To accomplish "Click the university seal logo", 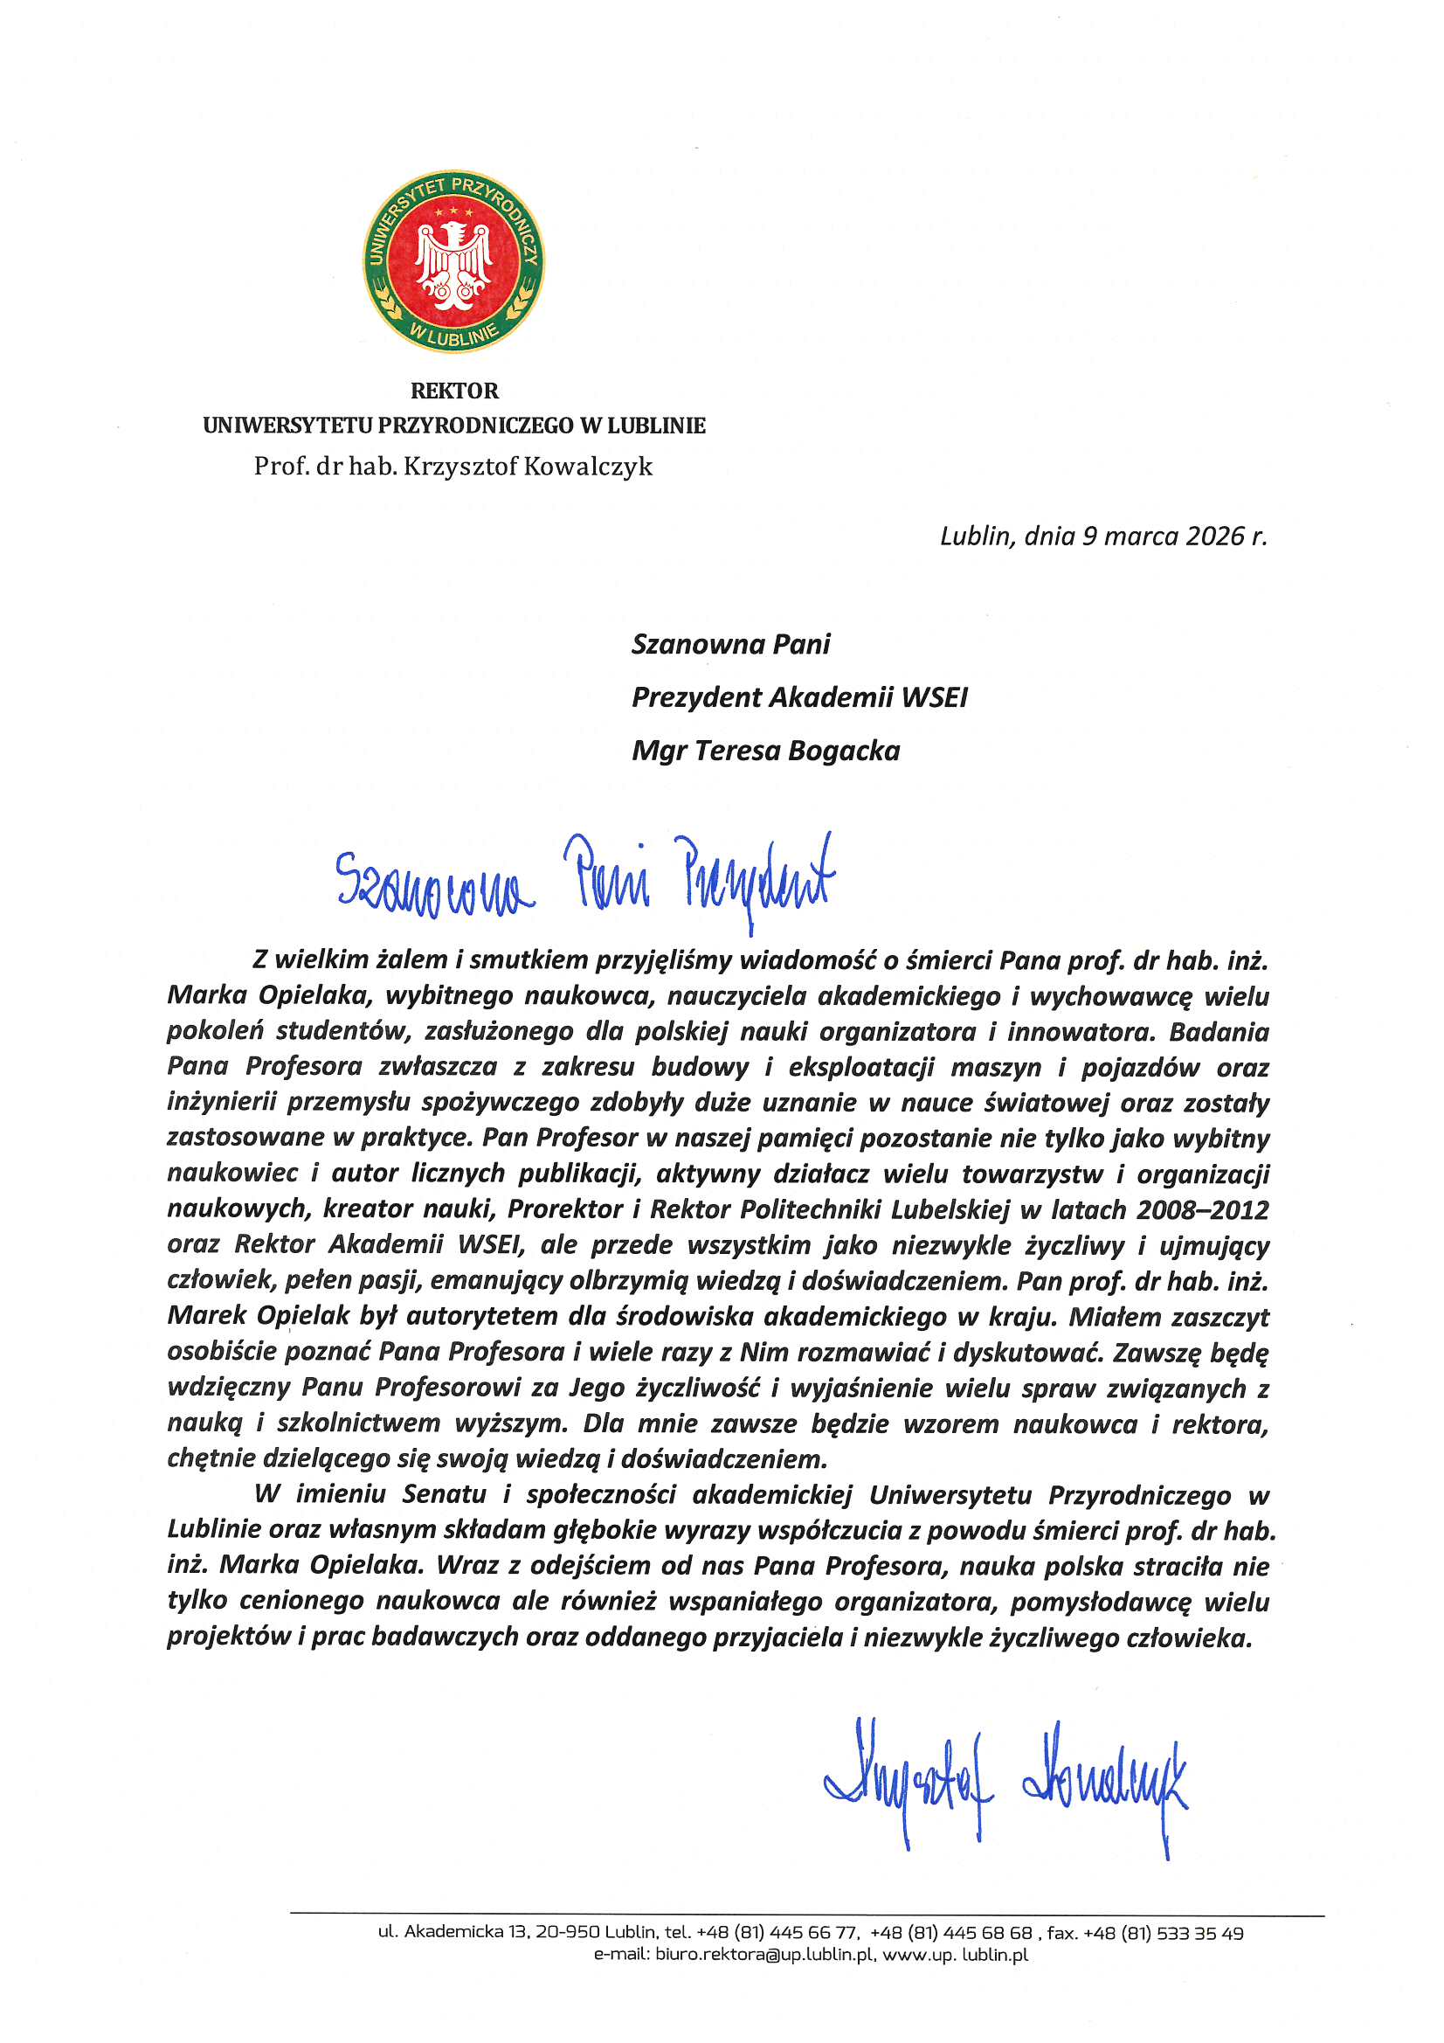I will pyautogui.click(x=453, y=260).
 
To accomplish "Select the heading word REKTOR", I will pyautogui.click(x=453, y=391).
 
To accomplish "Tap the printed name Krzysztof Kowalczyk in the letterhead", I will pyautogui.click(x=528, y=467).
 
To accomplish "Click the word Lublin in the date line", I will pyautogui.click(x=976, y=536).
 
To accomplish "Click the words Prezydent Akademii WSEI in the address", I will pyautogui.click(x=799, y=697).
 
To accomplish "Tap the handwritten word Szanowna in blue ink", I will pyautogui.click(x=434, y=880).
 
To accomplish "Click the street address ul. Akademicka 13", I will pyautogui.click(x=452, y=1933).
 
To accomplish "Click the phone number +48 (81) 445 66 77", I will pyautogui.click(x=777, y=1933).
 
